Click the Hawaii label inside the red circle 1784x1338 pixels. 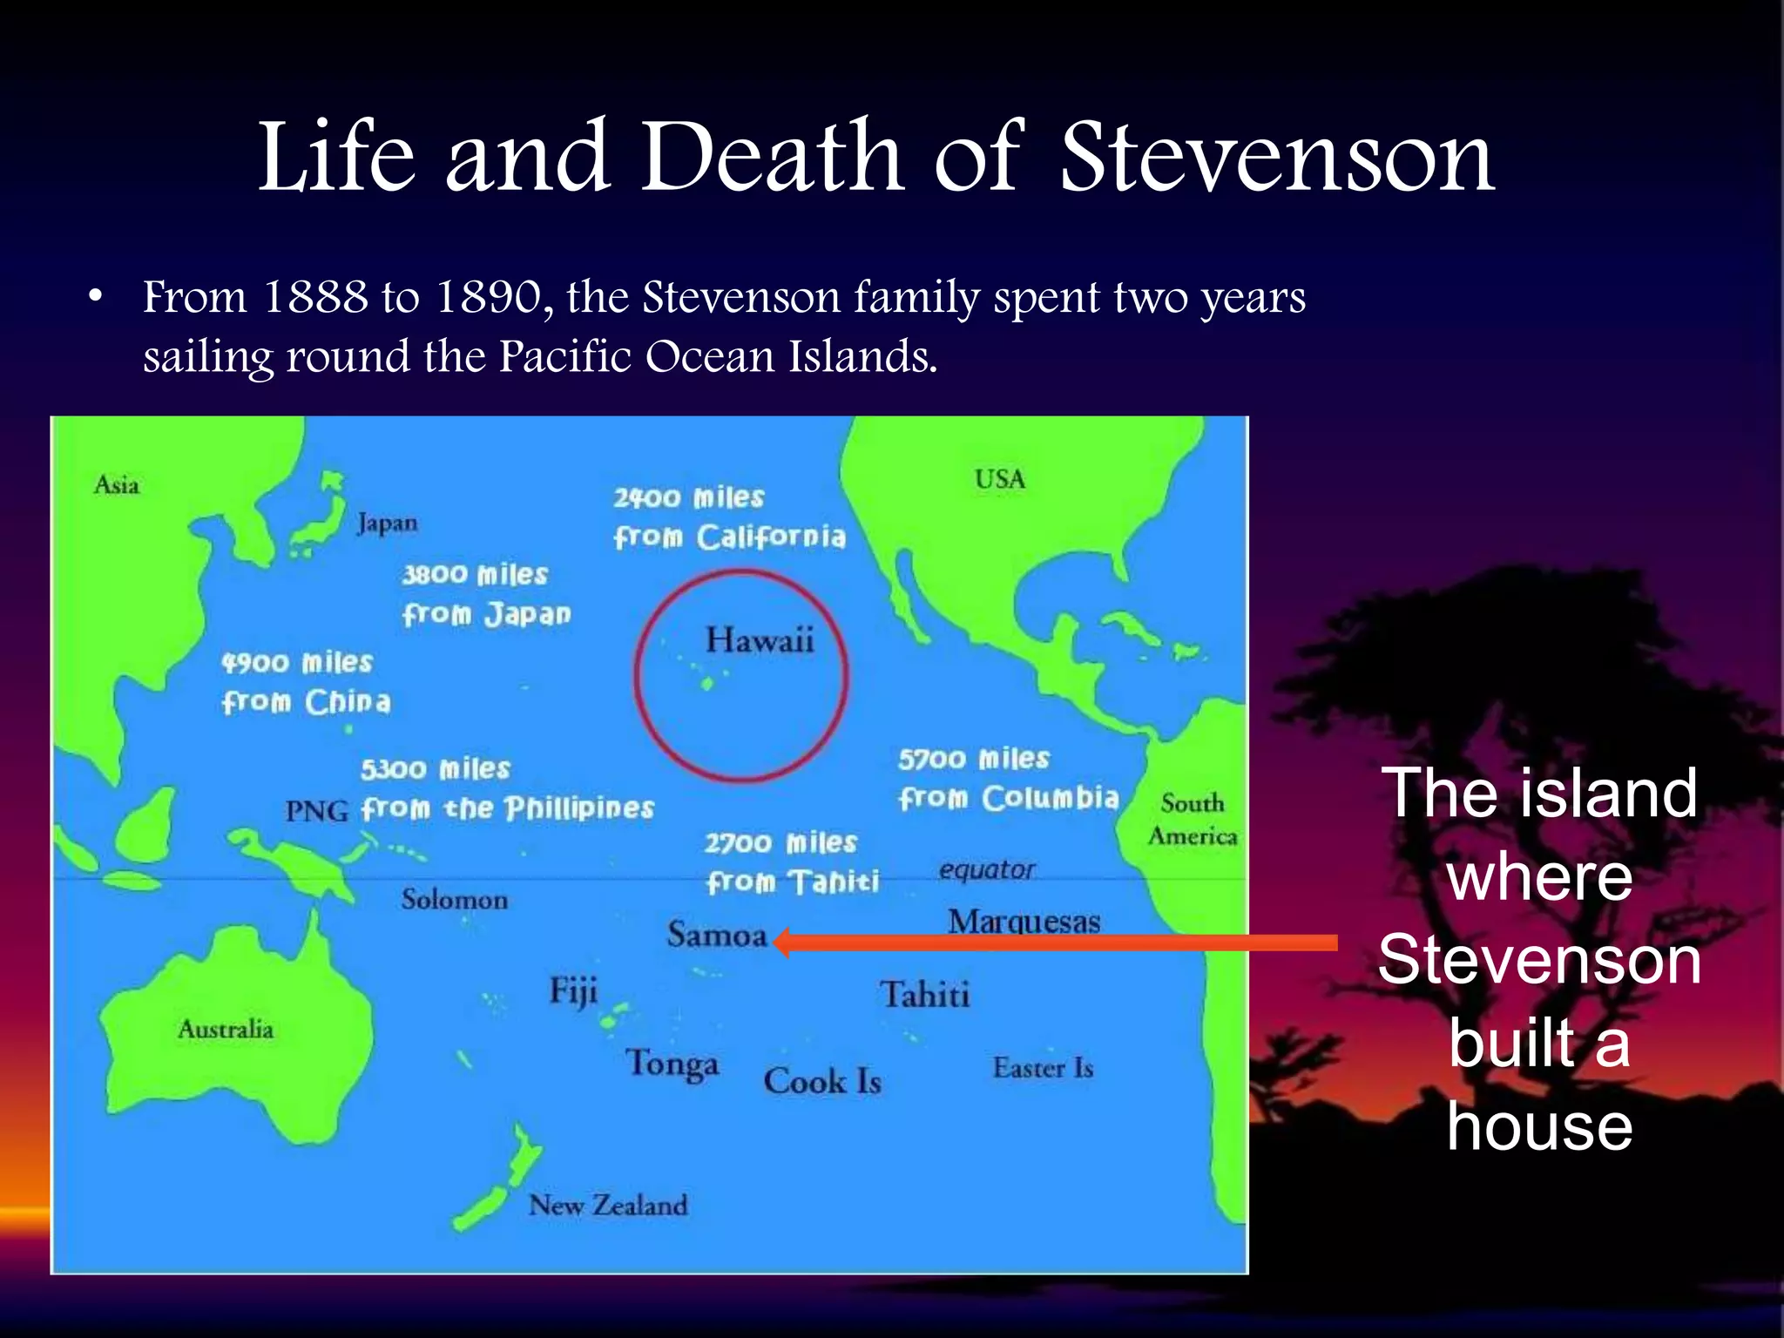(x=760, y=640)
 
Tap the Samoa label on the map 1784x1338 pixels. (x=717, y=936)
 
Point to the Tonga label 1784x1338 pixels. (x=672, y=1064)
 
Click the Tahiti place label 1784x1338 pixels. (x=924, y=995)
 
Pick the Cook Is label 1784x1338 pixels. (x=822, y=1082)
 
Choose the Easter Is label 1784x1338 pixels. (x=1043, y=1068)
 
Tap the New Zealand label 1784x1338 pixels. (x=608, y=1206)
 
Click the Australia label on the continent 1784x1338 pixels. (x=226, y=1030)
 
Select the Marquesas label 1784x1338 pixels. (x=1024, y=922)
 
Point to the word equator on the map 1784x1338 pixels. (x=986, y=869)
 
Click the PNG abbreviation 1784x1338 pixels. (x=316, y=812)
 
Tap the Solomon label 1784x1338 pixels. (x=454, y=899)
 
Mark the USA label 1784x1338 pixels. (x=1000, y=479)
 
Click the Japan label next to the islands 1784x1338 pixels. (x=387, y=523)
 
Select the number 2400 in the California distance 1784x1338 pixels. (x=646, y=498)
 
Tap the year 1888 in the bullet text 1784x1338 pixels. (x=314, y=297)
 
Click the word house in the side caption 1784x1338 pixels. (x=1539, y=1126)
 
